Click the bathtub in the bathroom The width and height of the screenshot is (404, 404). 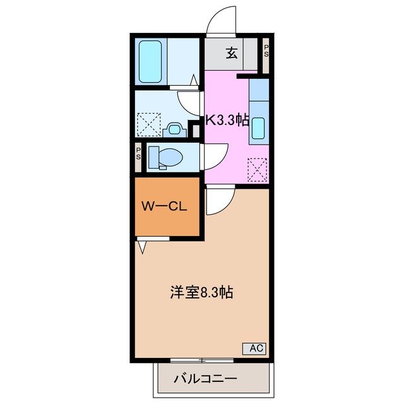150,61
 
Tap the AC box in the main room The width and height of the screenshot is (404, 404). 254,348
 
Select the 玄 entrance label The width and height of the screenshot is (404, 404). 232,53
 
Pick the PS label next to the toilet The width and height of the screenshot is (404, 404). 138,153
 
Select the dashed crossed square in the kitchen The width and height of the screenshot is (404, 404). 258,169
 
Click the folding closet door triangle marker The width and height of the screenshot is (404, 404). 142,247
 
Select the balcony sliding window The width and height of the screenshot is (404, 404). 202,360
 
